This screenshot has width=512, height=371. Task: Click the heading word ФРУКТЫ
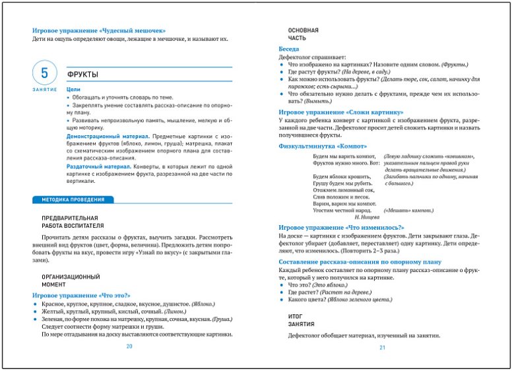tap(82, 74)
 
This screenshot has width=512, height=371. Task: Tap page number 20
tap(129, 347)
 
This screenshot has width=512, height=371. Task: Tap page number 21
tap(381, 348)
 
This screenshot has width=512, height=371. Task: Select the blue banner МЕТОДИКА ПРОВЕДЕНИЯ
tap(73, 199)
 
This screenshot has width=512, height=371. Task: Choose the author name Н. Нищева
tap(366, 217)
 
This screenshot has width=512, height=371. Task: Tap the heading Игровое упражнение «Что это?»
tap(82, 294)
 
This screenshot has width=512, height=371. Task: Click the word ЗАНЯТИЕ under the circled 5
tap(44, 89)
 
